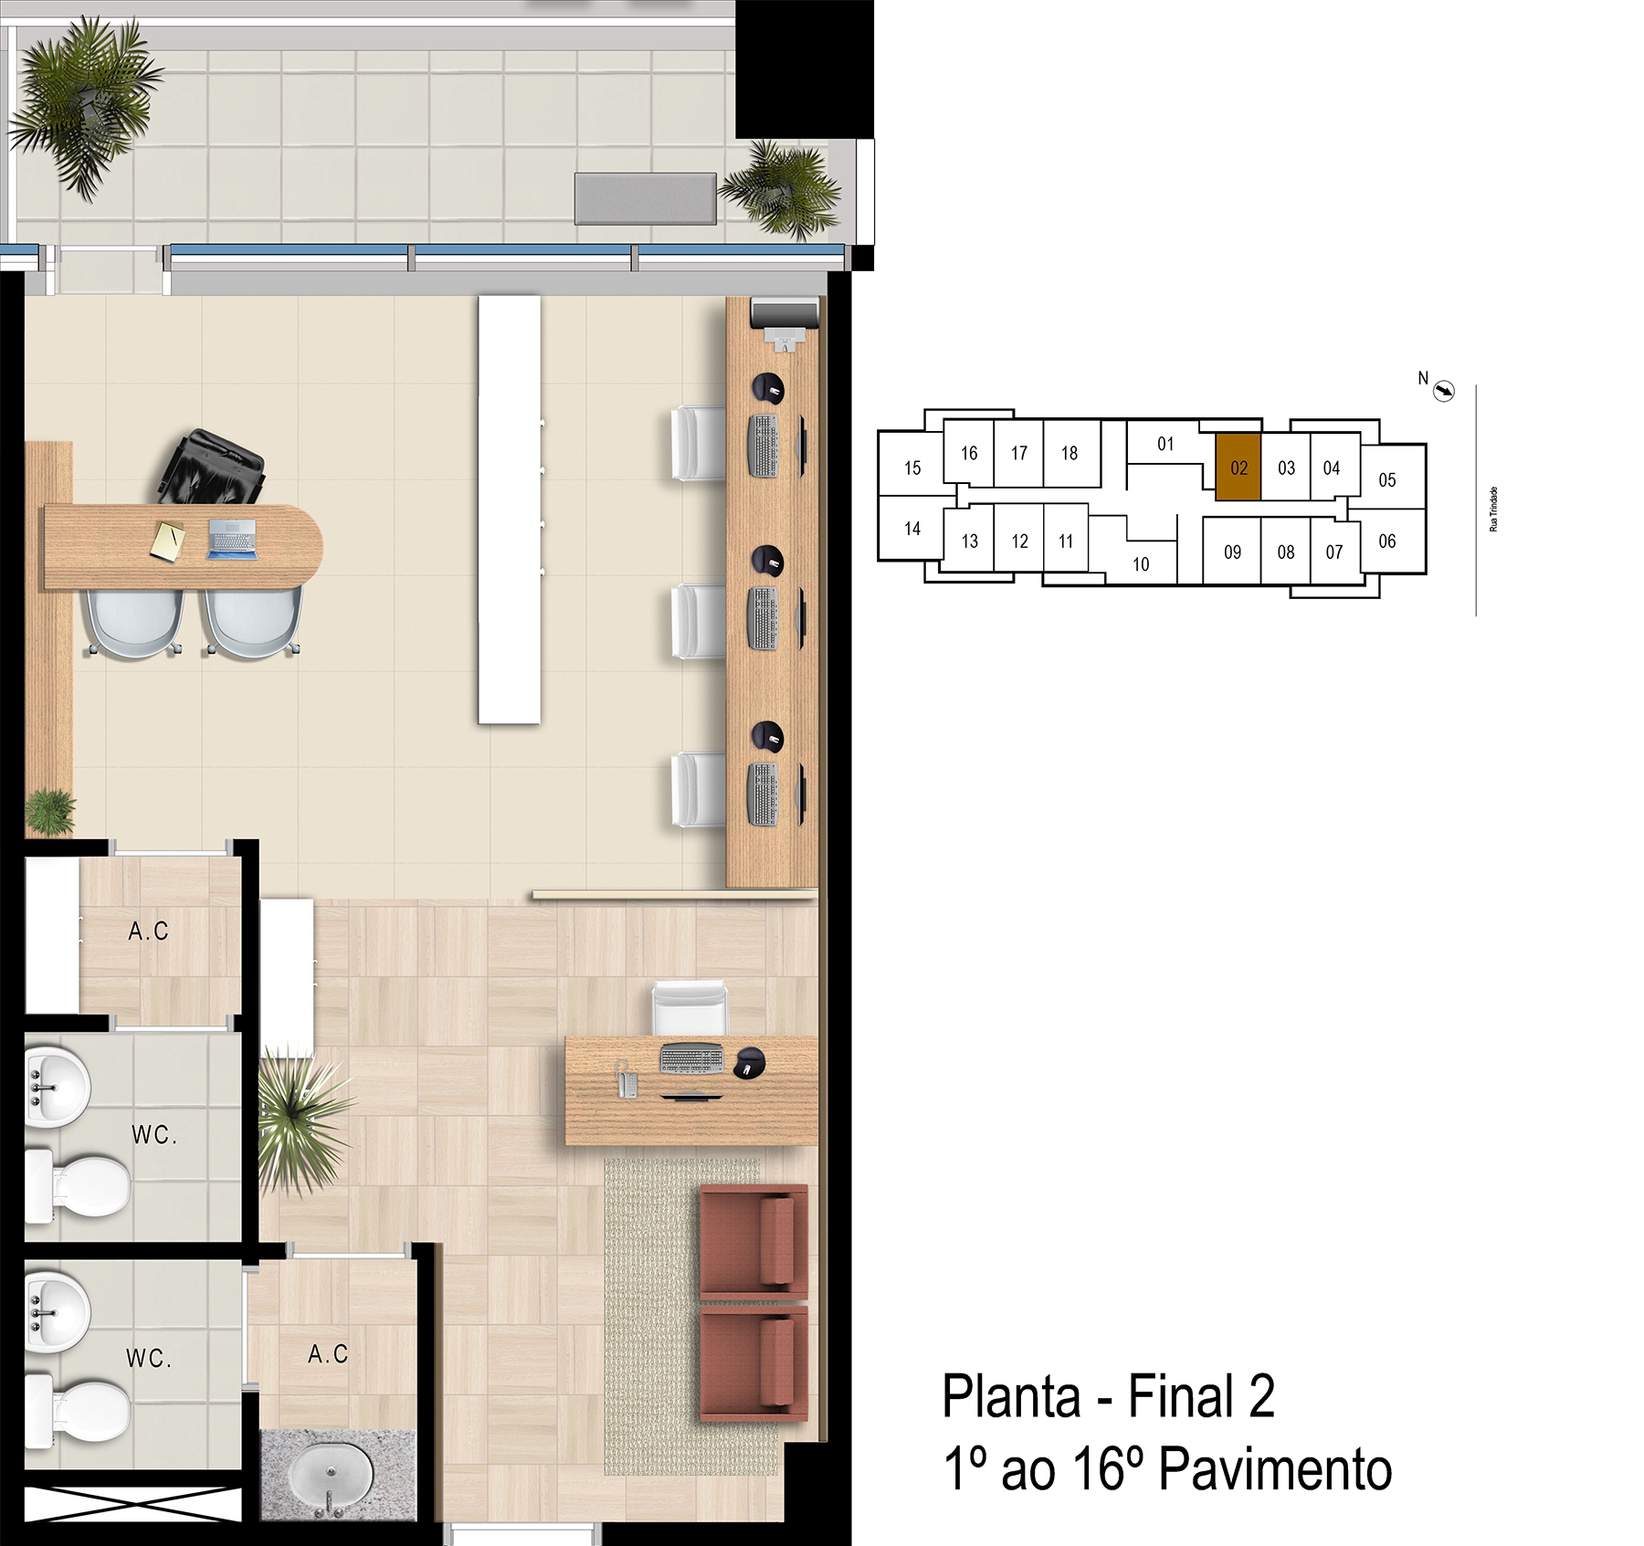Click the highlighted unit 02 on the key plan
pyautogui.click(x=1238, y=467)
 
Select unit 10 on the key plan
pyautogui.click(x=1141, y=563)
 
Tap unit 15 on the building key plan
pyautogui.click(x=912, y=468)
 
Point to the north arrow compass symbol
pyautogui.click(x=1444, y=391)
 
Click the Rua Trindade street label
pyautogui.click(x=1493, y=509)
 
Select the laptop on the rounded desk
pyautogui.click(x=232, y=539)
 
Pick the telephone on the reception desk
pyautogui.click(x=626, y=1079)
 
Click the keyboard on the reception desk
pyautogui.click(x=691, y=1059)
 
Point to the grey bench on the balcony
pyautogui.click(x=645, y=198)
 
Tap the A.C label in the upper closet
pyautogui.click(x=149, y=931)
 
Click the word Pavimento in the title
pyautogui.click(x=1275, y=1469)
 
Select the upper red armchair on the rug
pyautogui.click(x=753, y=1239)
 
